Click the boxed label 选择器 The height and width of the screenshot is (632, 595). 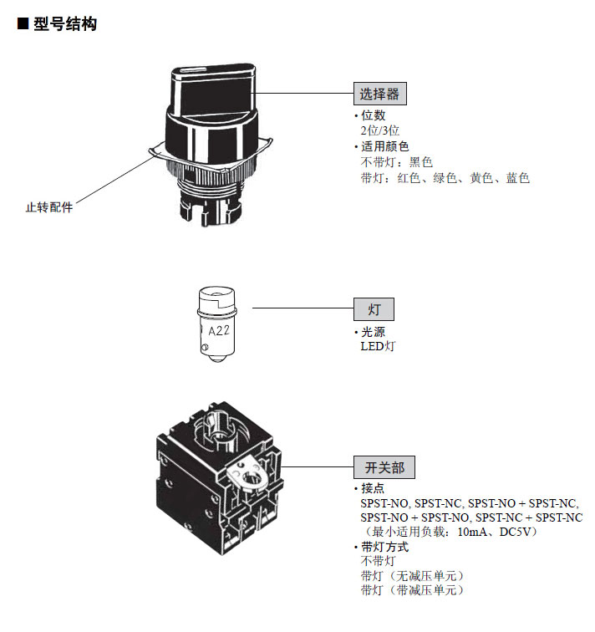click(380, 93)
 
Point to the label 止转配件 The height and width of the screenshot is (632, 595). click(49, 207)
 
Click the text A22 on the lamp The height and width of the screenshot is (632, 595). click(219, 330)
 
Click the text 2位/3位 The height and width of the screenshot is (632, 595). click(380, 130)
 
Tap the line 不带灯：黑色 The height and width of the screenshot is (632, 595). click(396, 162)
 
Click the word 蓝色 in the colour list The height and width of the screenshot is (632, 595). click(517, 178)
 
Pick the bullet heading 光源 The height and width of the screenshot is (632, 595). click(373, 331)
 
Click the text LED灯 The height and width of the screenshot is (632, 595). click(377, 346)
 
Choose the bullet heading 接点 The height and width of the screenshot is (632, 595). click(373, 488)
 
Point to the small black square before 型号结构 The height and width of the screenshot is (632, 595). click(23, 25)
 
